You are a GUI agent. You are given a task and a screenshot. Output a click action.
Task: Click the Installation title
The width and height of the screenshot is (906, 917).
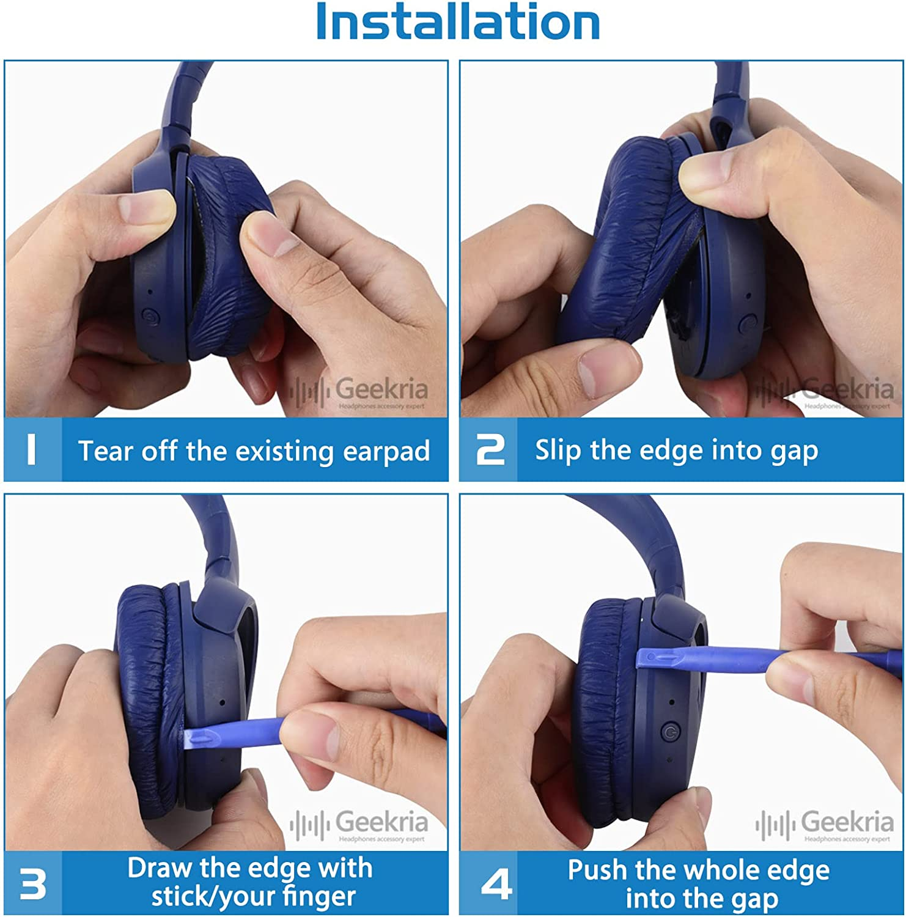pos(457,22)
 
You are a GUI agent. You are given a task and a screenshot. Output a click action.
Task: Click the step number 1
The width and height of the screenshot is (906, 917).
pos(32,450)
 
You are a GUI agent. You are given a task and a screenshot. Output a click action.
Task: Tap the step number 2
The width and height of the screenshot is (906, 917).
pos(490,450)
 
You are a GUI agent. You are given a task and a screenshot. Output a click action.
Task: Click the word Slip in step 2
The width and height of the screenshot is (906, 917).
pos(558,451)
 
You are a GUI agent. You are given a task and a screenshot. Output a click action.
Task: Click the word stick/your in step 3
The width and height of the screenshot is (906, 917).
pos(208,897)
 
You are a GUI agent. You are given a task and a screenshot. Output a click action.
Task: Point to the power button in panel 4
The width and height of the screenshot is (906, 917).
pos(670,731)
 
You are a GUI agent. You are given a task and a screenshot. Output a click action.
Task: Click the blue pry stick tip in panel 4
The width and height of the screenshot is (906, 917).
pos(651,659)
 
